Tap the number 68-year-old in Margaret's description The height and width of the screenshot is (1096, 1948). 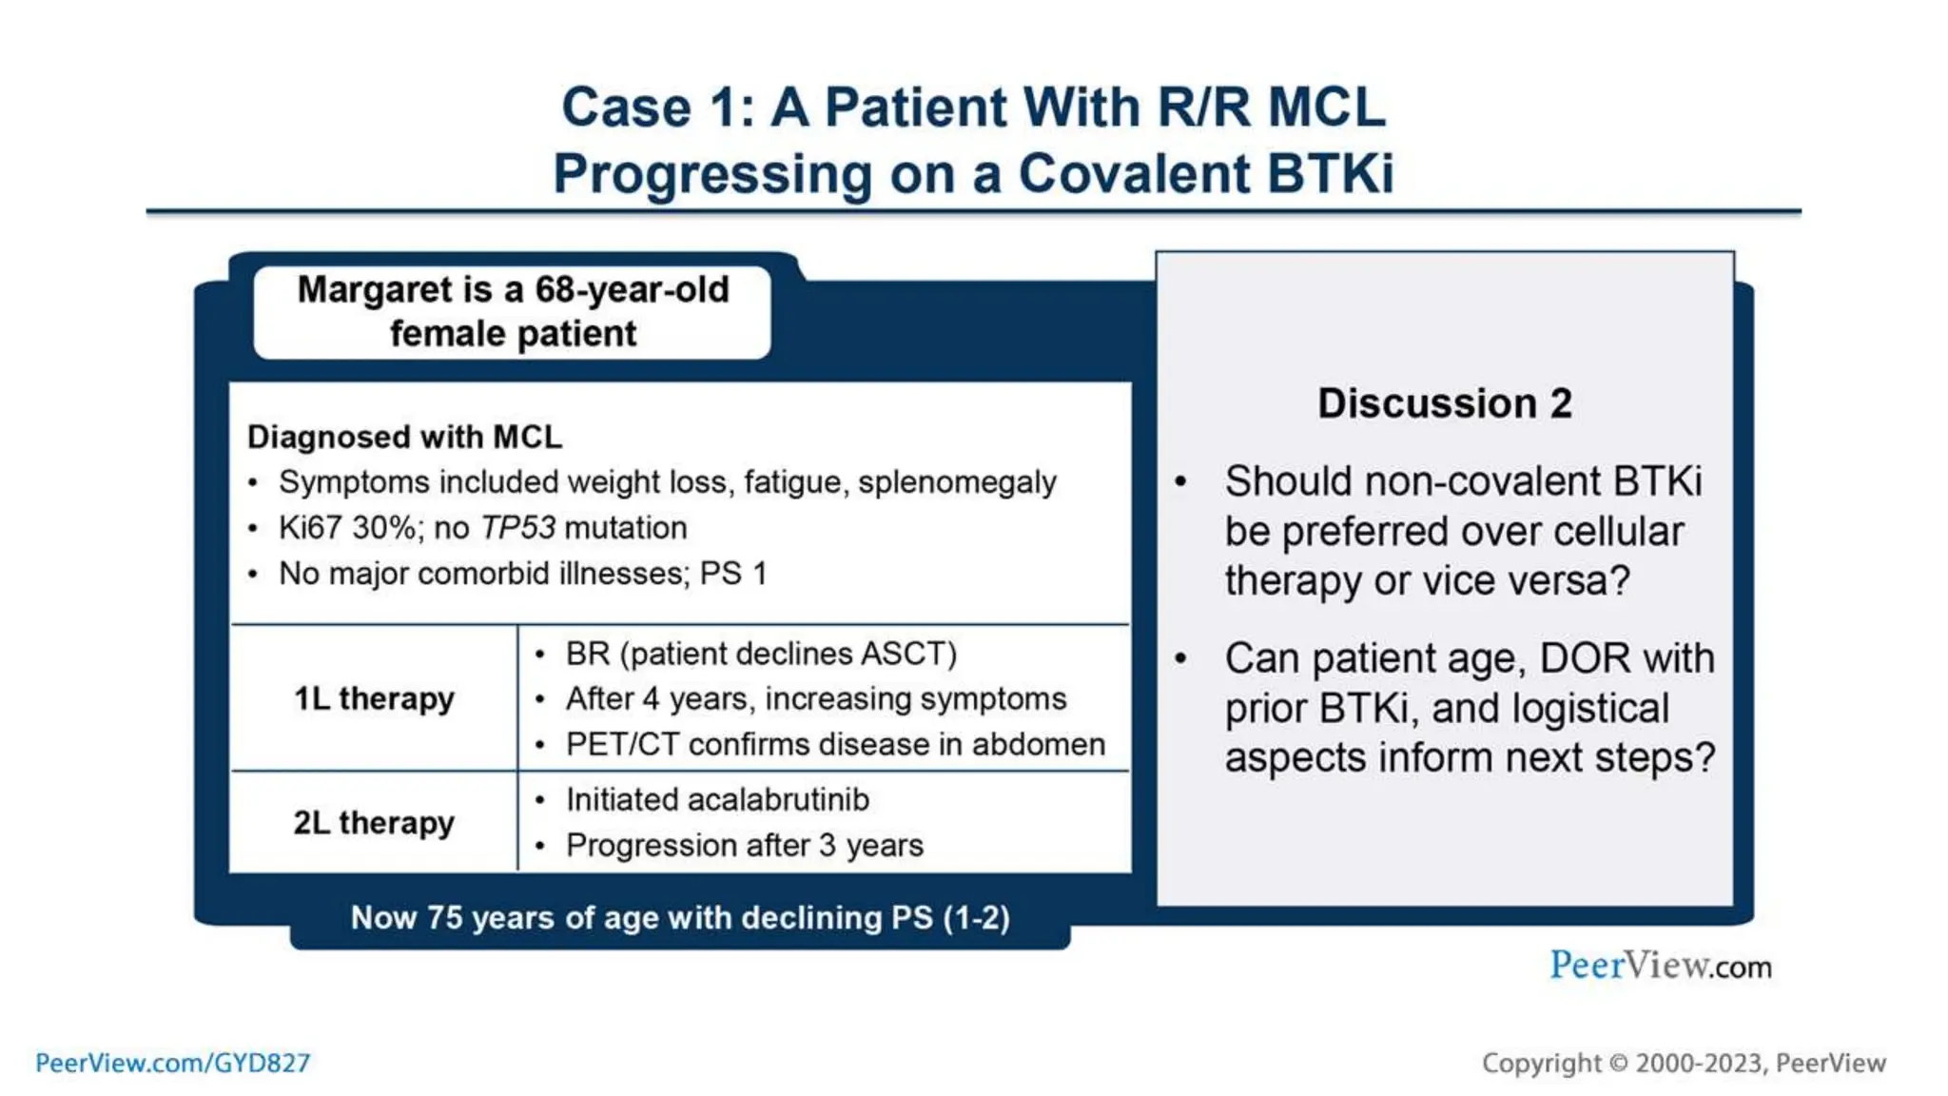point(632,289)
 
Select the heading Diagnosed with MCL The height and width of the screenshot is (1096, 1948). point(404,437)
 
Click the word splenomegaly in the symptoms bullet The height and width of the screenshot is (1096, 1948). point(956,482)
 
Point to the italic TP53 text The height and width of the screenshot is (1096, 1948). point(517,528)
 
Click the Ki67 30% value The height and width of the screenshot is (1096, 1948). point(346,528)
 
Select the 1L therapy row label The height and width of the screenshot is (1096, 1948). point(374,698)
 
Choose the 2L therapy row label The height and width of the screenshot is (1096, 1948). point(374,822)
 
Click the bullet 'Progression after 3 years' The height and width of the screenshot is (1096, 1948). point(744,846)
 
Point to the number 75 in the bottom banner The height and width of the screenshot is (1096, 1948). point(444,918)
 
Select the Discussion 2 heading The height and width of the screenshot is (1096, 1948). point(1444,403)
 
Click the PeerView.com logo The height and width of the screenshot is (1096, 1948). point(1660,966)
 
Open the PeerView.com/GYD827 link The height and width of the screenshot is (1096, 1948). point(172,1063)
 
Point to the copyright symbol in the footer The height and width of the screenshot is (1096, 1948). point(1618,1064)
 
